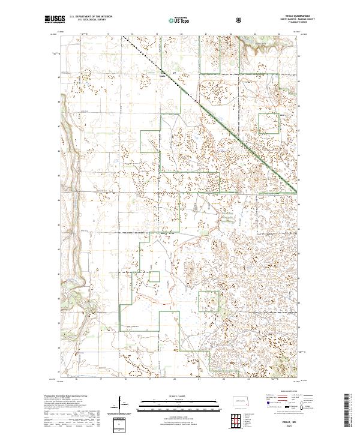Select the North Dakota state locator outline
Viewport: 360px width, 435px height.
pos(242,400)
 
